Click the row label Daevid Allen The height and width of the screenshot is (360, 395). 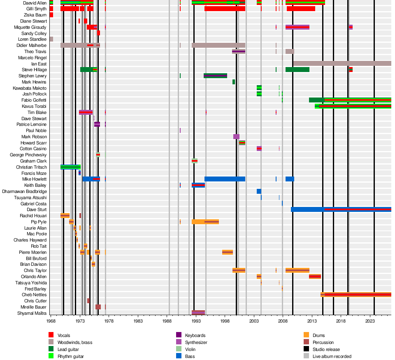pyautogui.click(x=35, y=3)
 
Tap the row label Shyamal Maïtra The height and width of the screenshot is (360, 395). pyautogui.click(x=32, y=314)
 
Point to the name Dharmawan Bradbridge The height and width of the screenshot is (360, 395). pyautogui.click(x=24, y=191)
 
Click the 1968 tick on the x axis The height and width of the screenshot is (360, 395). pyautogui.click(x=51, y=321)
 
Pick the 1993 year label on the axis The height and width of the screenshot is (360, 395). pyautogui.click(x=196, y=321)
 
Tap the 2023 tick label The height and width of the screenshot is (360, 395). pyautogui.click(x=370, y=321)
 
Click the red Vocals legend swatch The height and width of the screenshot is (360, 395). pyautogui.click(x=51, y=335)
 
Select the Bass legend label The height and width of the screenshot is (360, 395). pyautogui.click(x=190, y=356)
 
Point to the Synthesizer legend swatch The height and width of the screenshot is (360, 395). pyautogui.click(x=179, y=342)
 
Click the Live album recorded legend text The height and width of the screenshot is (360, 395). pyautogui.click(x=332, y=356)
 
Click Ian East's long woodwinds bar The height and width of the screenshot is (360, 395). pyautogui.click(x=342, y=63)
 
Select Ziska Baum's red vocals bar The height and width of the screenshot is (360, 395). pyautogui.click(x=51, y=15)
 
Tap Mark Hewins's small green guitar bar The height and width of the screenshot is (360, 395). pyautogui.click(x=234, y=82)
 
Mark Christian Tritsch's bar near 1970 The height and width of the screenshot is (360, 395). pyautogui.click(x=70, y=167)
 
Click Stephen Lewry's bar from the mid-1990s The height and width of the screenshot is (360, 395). pyautogui.click(x=215, y=76)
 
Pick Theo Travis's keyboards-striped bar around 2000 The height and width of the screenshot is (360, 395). pyautogui.click(x=239, y=51)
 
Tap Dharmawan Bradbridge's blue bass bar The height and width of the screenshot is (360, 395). pyautogui.click(x=259, y=191)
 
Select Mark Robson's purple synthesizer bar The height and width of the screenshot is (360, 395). pyautogui.click(x=236, y=137)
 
